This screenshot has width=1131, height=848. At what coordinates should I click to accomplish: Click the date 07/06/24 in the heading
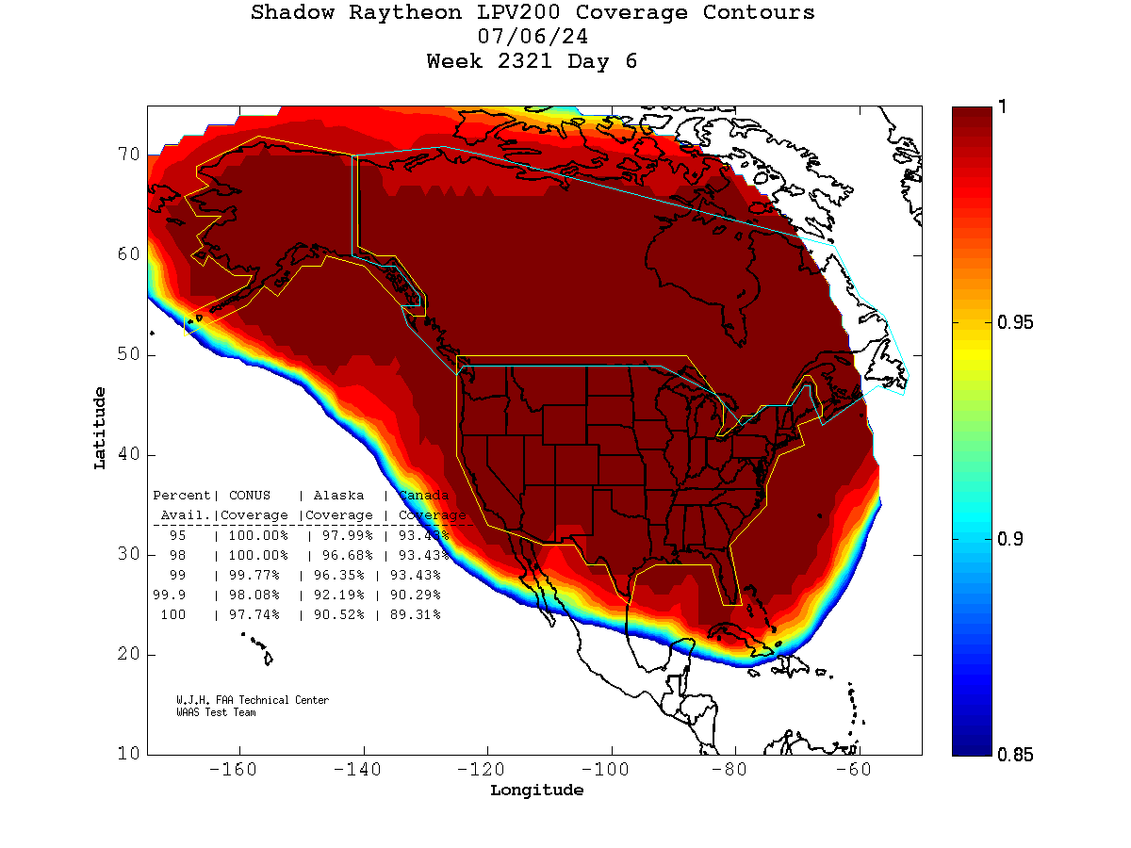click(533, 38)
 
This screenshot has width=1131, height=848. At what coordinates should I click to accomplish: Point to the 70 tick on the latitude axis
click(128, 155)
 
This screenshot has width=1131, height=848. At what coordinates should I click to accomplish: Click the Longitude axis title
click(536, 791)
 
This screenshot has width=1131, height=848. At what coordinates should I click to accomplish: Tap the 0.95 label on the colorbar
click(1015, 323)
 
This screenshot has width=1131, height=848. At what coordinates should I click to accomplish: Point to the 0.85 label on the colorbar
click(1015, 754)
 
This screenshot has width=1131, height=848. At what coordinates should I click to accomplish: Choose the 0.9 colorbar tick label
click(1008, 539)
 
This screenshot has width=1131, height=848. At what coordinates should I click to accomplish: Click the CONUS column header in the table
click(249, 496)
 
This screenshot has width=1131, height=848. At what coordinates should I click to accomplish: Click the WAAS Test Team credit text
click(216, 712)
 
